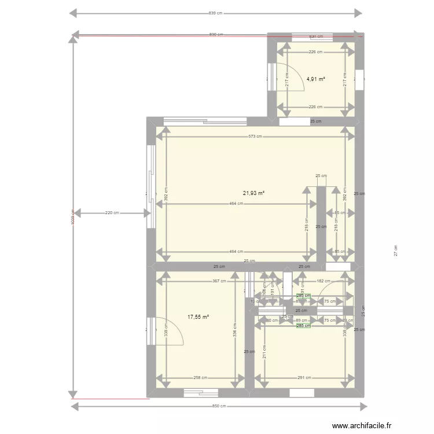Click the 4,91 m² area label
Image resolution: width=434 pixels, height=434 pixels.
point(315,79)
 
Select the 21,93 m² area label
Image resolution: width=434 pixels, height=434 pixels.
point(254,193)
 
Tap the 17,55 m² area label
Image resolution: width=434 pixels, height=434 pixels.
point(198,317)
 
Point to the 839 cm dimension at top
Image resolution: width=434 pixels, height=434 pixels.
point(216,13)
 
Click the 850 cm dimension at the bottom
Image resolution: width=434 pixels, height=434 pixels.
point(218,406)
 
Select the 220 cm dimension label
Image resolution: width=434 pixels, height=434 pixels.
point(112,213)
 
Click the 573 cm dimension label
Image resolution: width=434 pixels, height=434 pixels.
point(255,137)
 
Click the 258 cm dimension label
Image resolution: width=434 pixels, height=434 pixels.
point(200,378)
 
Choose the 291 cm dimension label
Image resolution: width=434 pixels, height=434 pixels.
point(304,378)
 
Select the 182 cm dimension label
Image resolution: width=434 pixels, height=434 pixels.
point(320,282)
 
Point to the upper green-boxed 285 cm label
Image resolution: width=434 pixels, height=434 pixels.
point(303,296)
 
